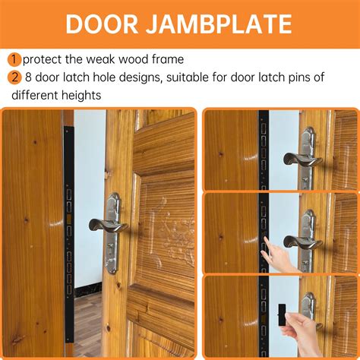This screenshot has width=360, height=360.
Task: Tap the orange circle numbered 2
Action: (x=14, y=78)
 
